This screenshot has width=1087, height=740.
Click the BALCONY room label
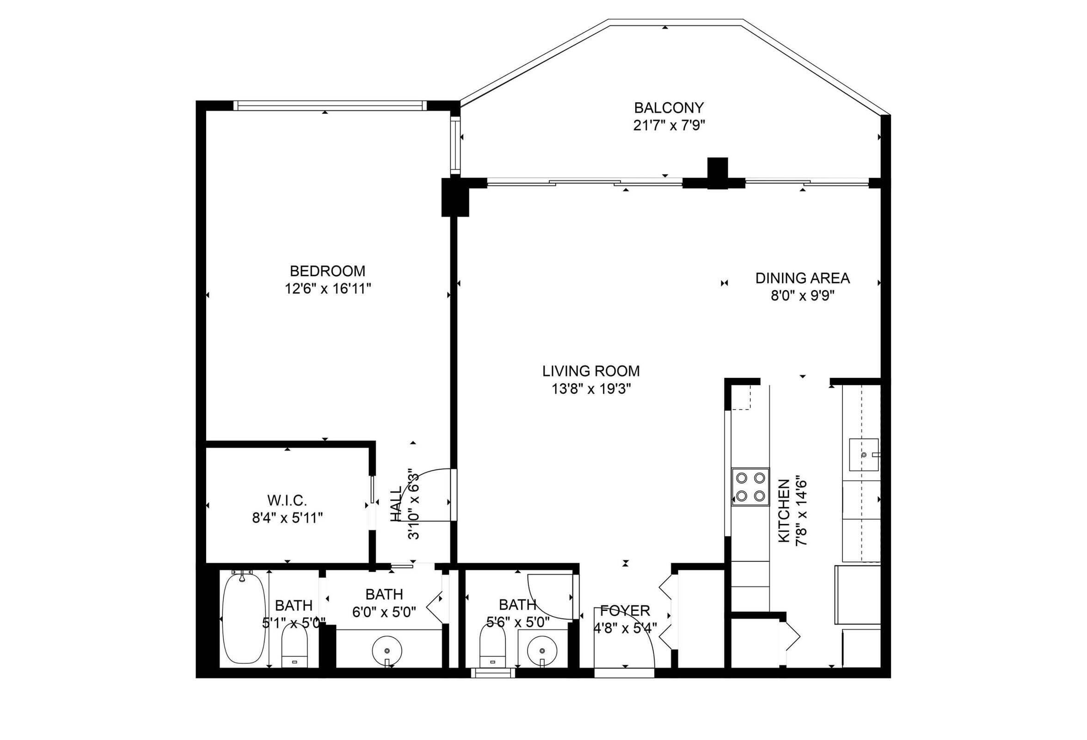(669, 108)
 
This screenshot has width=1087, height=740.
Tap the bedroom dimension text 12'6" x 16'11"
(328, 289)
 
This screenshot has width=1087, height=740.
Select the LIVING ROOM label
(591, 371)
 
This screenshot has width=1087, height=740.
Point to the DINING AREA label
(802, 278)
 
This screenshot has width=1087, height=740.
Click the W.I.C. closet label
(287, 500)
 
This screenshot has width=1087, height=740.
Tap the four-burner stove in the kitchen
(750, 487)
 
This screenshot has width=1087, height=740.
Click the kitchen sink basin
(863, 454)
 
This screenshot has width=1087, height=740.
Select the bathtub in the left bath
(241, 617)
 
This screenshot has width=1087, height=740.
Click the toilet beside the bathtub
(294, 646)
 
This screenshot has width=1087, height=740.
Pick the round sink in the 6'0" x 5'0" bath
(387, 650)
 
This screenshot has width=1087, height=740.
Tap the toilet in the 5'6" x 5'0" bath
(493, 646)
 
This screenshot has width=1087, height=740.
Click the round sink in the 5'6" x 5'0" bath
(542, 650)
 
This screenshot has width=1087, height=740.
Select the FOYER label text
(625, 610)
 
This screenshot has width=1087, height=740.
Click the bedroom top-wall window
(329, 106)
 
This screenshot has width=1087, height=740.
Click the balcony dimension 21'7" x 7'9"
(669, 126)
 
